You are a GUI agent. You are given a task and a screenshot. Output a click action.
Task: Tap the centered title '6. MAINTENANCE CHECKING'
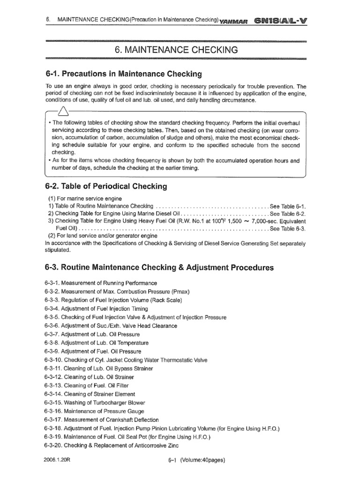coord(176,50)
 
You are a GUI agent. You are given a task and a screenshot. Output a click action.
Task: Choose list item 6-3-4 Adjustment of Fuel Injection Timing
coord(96,309)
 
